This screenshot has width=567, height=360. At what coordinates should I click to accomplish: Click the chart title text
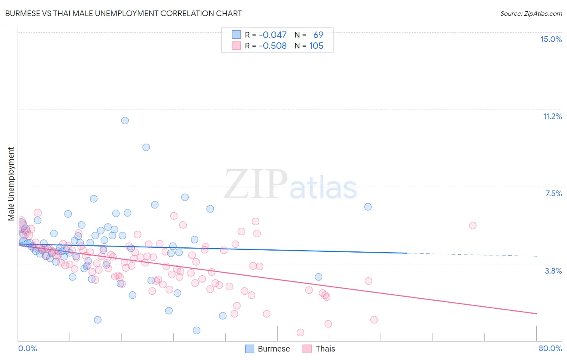123,13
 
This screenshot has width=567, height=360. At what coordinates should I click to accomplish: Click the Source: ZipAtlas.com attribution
531,13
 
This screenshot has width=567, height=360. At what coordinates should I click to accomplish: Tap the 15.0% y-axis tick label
551,39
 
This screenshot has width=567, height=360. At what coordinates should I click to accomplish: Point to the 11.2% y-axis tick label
552,116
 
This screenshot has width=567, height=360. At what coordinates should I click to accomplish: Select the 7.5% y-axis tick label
553,193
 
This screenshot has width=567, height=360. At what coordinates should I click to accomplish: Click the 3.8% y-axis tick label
553,271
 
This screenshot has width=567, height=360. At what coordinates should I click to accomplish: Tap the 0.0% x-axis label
27,348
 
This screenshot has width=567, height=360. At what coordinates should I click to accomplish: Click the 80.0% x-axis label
550,348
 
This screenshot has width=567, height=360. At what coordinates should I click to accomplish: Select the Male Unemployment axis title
11,184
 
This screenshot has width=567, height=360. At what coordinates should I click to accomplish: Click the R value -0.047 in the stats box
273,35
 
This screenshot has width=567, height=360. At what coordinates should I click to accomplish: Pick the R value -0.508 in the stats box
273,46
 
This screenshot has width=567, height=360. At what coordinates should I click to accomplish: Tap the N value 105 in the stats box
316,46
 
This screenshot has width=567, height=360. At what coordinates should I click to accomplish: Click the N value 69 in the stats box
318,35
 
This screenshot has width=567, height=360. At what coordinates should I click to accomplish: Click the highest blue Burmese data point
125,120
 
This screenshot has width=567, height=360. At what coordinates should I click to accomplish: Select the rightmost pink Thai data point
473,225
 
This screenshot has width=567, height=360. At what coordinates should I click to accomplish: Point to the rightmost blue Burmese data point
368,207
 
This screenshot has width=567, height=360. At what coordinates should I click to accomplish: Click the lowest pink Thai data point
300,333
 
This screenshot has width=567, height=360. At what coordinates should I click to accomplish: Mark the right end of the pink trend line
537,314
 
